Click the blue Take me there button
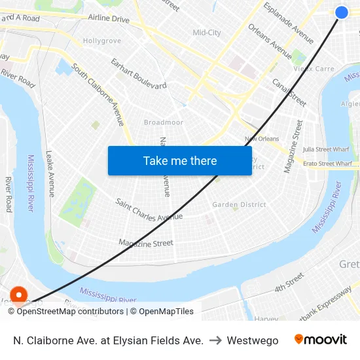(179, 160)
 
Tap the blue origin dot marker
(342, 12)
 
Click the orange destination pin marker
(18, 296)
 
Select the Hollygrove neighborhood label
(102, 41)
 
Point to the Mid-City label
(207, 33)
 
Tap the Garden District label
(239, 205)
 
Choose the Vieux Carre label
(314, 69)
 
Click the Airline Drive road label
(109, 20)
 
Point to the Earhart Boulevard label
(138, 73)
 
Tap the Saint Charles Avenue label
(149, 209)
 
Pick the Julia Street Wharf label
(326, 149)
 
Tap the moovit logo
(320, 340)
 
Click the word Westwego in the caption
(253, 340)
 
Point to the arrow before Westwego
(215, 340)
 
